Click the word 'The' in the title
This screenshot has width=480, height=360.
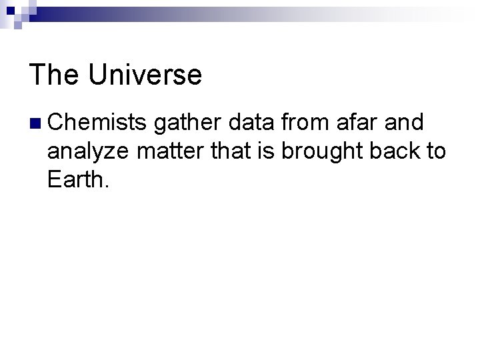click(x=54, y=75)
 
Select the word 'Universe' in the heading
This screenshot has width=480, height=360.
click(x=144, y=75)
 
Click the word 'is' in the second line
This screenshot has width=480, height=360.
click(x=265, y=151)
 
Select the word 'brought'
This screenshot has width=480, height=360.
click(x=316, y=153)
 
